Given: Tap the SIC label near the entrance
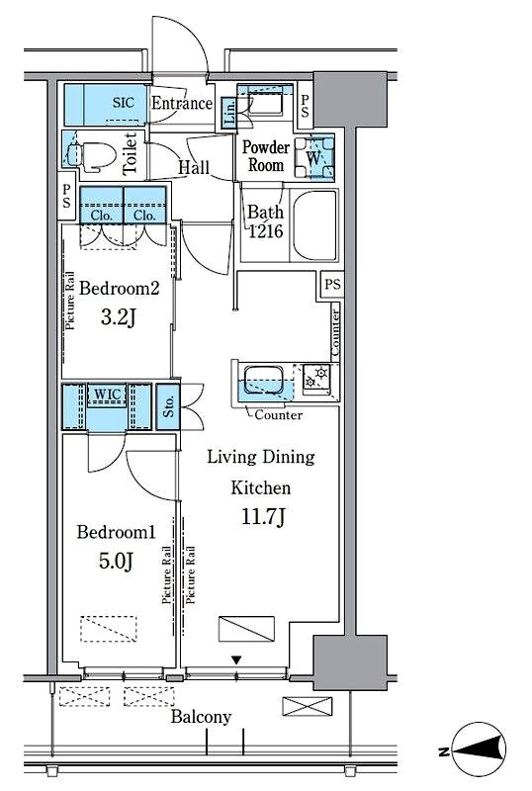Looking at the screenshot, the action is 124,103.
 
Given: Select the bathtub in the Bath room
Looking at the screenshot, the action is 314,225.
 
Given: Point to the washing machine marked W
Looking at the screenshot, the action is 313,157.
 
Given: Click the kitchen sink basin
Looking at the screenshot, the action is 263,381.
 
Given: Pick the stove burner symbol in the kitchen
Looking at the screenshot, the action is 316,379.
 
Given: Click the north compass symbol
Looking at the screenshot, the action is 480,750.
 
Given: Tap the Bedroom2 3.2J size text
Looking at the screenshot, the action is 119,317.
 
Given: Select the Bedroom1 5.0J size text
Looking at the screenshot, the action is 116,561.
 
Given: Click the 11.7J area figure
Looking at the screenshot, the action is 263,516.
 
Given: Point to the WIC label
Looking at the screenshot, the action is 108,394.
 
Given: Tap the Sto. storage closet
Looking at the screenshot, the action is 168,406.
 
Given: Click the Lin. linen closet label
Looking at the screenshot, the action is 229,113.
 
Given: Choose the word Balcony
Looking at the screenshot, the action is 201,717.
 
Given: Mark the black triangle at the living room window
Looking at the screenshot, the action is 236,659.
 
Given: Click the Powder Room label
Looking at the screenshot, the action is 265,156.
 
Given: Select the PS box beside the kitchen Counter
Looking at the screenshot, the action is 332,284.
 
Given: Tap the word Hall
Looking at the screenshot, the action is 194,167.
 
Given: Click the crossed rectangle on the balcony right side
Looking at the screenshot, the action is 308,706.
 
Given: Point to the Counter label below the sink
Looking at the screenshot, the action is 279,415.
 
